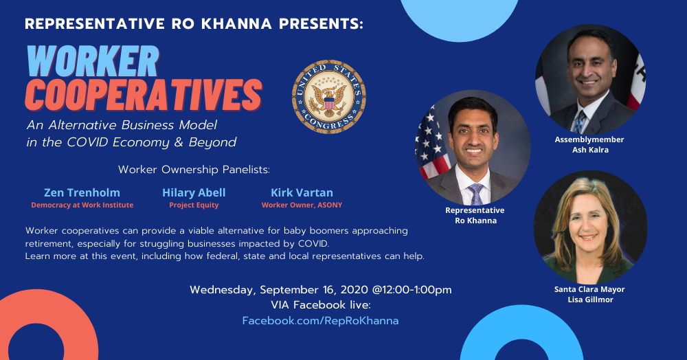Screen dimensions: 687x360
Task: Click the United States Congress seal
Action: pos(328,97)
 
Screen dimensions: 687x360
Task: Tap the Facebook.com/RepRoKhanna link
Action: pos(320,321)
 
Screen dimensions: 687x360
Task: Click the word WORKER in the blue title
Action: pos(93,61)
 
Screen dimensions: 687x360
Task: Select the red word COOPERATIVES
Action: pos(144,95)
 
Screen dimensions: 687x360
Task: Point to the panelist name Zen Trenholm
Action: pos(82,192)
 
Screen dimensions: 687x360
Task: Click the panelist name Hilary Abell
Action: pos(194,192)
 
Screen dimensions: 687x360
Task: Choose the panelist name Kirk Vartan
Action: pos(302,192)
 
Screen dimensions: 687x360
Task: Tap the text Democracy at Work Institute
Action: pos(82,205)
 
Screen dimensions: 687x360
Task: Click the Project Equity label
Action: pos(194,205)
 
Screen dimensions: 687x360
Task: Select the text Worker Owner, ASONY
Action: pos(302,205)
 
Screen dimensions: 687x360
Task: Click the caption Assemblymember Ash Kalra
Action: pos(589,144)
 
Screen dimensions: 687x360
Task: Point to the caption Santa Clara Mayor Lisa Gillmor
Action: pos(589,294)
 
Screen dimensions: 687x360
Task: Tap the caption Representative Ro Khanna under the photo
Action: pos(475,216)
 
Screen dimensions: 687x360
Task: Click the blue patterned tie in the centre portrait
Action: pos(475,194)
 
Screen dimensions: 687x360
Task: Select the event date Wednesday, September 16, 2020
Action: pos(280,290)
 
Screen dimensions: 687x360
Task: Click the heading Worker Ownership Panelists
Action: pos(194,170)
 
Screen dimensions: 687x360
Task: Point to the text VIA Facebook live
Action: pos(320,305)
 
